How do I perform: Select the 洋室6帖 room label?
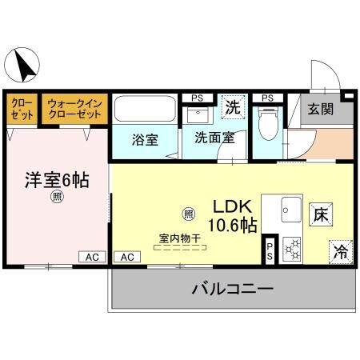(x=55, y=179)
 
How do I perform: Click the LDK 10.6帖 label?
(x=232, y=214)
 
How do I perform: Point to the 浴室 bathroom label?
(x=145, y=138)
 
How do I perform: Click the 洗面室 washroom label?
(x=214, y=138)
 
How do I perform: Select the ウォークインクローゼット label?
(x=74, y=109)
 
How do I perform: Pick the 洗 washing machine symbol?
(x=232, y=106)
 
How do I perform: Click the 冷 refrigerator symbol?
(x=341, y=251)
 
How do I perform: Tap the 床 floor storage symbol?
(x=319, y=214)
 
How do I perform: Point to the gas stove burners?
(x=293, y=250)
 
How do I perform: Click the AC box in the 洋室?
(x=92, y=257)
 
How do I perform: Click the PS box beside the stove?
(x=270, y=250)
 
